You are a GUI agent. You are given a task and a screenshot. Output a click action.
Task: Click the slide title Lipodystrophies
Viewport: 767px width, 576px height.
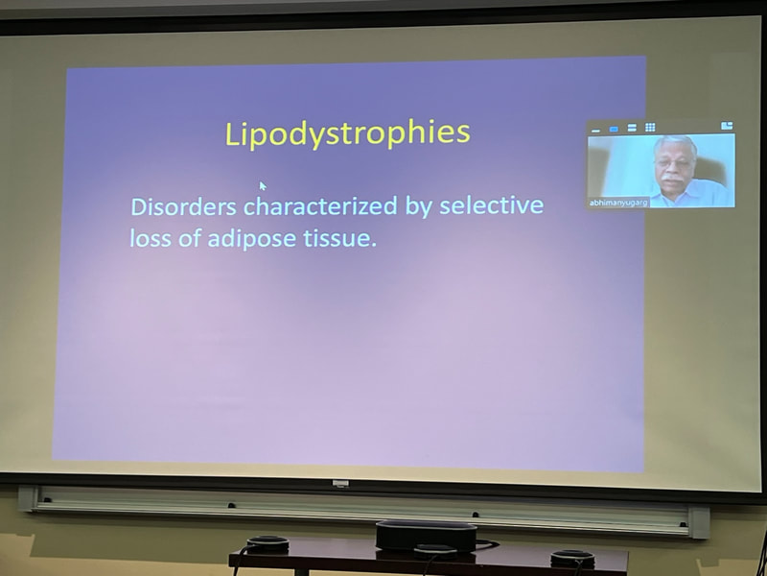tap(347, 133)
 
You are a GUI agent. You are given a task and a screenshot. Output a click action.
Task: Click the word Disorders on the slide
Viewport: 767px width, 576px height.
tap(184, 206)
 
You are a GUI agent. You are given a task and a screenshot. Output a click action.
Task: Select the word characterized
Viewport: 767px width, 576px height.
tap(320, 206)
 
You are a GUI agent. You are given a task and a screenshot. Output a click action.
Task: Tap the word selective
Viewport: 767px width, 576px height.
tap(491, 205)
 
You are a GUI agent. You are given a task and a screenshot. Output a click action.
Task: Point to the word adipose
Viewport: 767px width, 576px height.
tap(251, 239)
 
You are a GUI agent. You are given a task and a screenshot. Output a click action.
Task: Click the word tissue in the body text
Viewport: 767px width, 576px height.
tap(340, 238)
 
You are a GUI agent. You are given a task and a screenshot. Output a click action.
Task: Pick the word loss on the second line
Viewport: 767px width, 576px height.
tap(151, 238)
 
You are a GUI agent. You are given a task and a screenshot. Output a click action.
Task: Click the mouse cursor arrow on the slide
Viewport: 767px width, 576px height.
tap(263, 186)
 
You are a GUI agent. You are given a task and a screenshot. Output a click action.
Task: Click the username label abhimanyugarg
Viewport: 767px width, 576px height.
tap(618, 203)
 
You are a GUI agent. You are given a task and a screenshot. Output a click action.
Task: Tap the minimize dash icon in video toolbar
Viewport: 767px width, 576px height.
tap(595, 131)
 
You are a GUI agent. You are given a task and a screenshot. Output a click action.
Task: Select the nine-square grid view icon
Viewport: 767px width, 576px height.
tap(650, 128)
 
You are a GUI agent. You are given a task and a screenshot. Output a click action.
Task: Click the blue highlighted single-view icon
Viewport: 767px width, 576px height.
tap(614, 129)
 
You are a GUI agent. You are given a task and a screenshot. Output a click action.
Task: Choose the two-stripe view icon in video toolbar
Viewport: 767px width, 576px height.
tap(632, 128)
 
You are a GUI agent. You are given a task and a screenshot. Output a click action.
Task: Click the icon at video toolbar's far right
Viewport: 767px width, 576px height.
tap(727, 126)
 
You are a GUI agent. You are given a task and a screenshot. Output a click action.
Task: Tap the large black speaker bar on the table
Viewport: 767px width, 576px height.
tap(426, 536)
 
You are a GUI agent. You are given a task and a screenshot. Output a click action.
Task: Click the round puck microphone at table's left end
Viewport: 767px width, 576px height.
tap(267, 544)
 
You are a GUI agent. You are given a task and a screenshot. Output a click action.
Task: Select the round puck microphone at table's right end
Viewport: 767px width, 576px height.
tap(572, 559)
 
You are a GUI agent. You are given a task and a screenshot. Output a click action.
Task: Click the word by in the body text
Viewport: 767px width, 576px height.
tap(418, 206)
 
